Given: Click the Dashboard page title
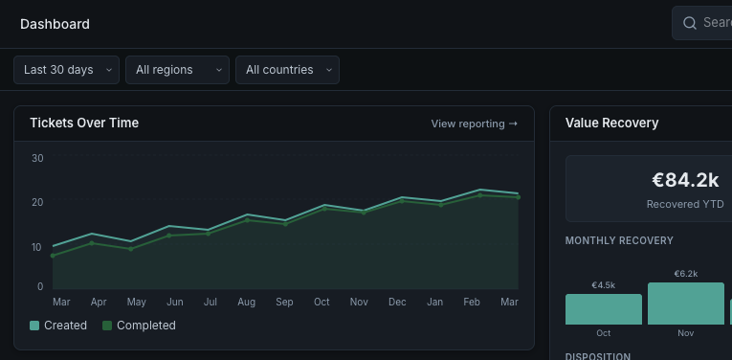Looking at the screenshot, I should coord(55,24).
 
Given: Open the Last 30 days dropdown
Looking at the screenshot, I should coord(66,70).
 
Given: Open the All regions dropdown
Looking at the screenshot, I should coord(177,70).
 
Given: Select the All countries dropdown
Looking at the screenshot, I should coord(287,70).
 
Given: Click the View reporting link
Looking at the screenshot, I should coord(474,124).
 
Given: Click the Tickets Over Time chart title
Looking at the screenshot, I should coord(84,123).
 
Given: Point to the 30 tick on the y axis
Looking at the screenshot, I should coord(37,158).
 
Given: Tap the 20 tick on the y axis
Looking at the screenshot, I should coord(37,202).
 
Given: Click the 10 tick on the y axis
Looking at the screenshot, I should coord(37,247).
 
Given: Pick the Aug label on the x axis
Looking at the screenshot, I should coord(247,303).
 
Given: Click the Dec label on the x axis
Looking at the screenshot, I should coord(396,303).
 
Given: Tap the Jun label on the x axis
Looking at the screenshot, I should coord(174,303).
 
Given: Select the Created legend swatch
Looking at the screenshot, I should coord(35,326).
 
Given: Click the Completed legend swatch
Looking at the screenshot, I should coord(107,326).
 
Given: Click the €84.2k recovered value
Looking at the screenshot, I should coord(684,180).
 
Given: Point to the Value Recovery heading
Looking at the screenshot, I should coord(611,123).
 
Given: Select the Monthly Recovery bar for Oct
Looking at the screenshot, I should coord(603,309).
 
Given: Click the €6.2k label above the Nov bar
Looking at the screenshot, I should coord(685,274).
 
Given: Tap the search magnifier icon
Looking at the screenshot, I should coord(690,23).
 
